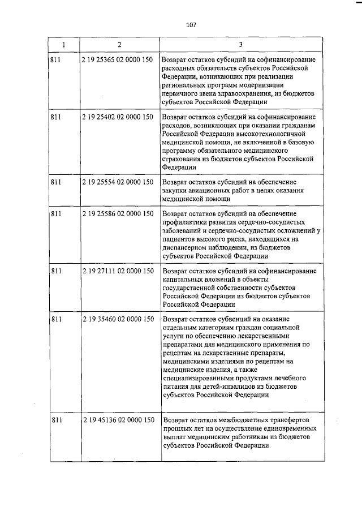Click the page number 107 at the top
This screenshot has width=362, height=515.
tap(191, 24)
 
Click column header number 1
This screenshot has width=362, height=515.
tap(63, 44)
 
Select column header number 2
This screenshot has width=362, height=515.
tap(119, 44)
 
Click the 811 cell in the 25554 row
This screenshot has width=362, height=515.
tap(55, 182)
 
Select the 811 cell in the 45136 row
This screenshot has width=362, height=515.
tap(55, 420)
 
